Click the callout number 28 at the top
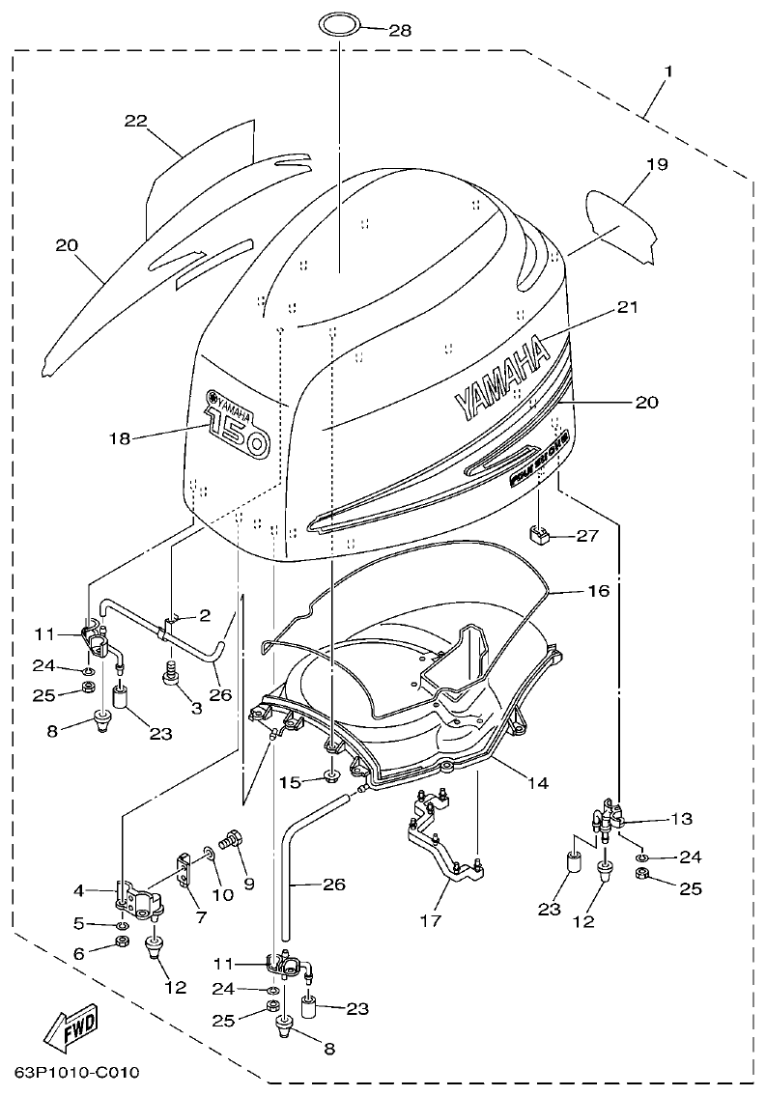(399, 31)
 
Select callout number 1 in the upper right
(668, 71)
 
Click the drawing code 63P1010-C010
(77, 1073)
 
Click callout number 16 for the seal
(598, 590)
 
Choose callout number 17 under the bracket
(430, 920)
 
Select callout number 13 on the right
(681, 819)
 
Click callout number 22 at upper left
(135, 120)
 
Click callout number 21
(628, 308)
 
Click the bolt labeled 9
(233, 841)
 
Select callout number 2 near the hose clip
(204, 614)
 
